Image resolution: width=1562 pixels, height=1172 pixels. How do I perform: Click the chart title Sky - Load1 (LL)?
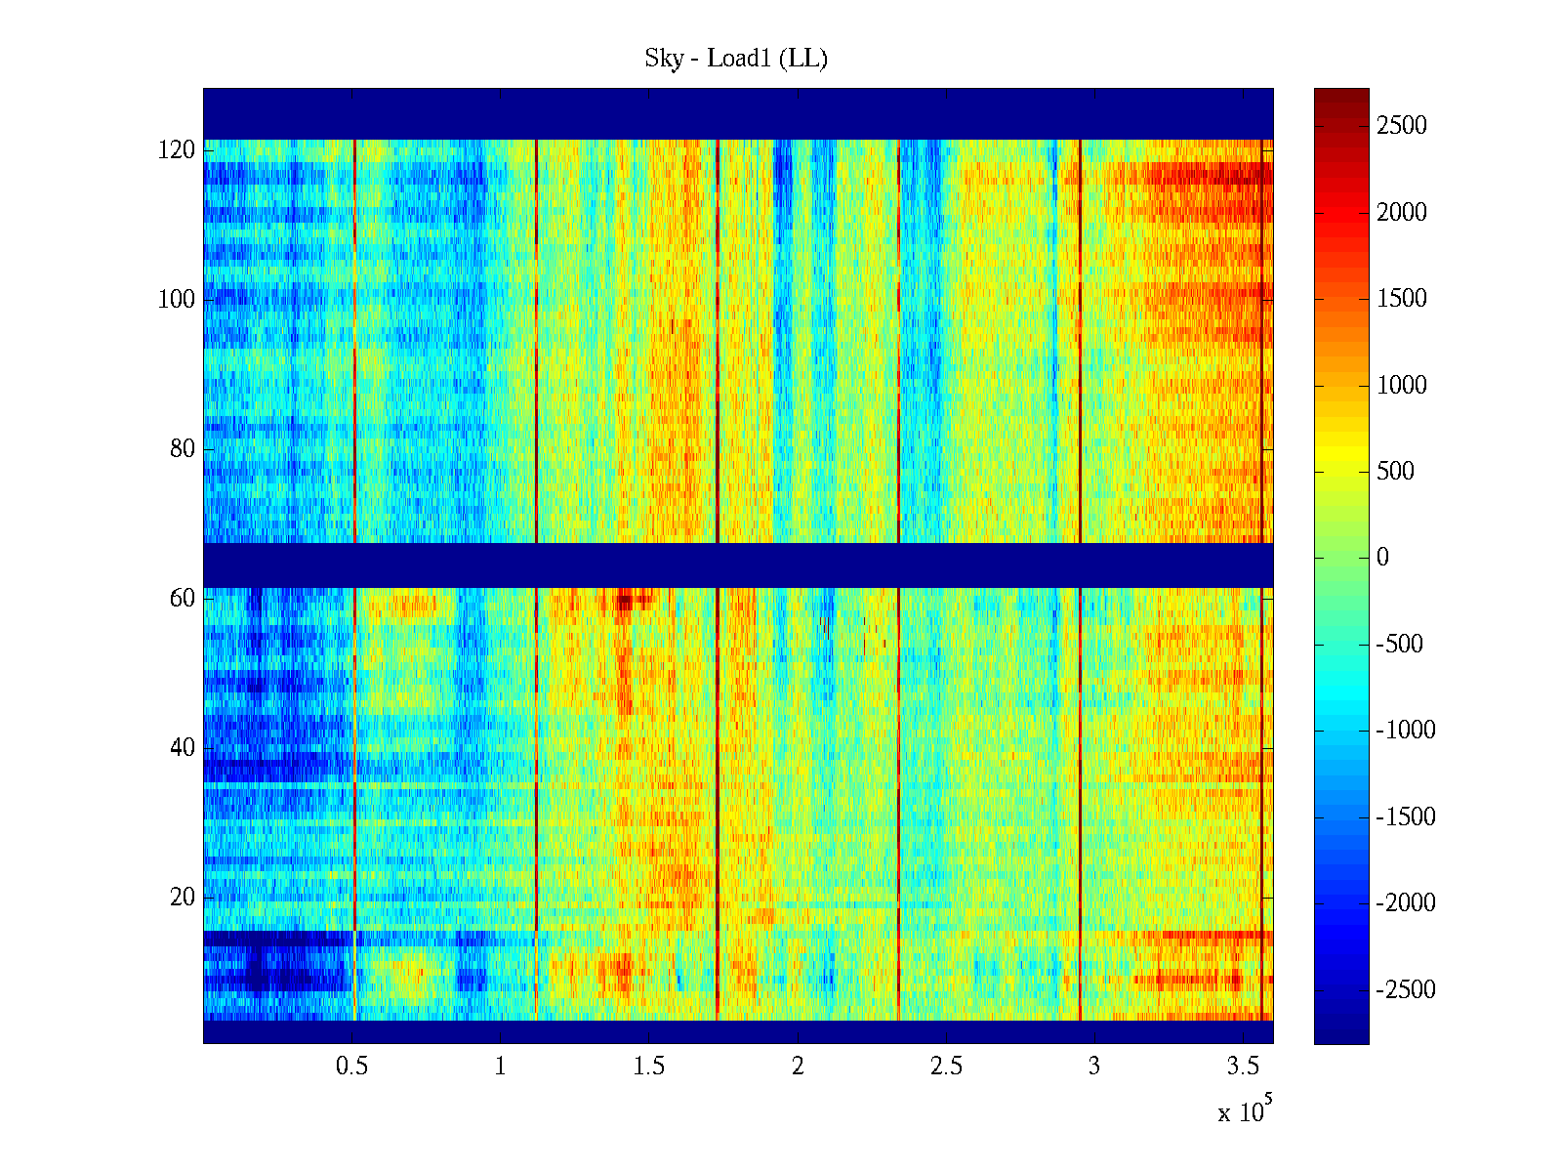pyautogui.click(x=736, y=59)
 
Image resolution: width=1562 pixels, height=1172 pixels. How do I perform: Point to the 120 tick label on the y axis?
pyautogui.click(x=177, y=150)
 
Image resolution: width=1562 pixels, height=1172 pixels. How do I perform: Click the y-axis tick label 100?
pyautogui.click(x=177, y=300)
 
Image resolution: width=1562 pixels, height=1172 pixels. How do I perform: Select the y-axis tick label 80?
pyautogui.click(x=183, y=449)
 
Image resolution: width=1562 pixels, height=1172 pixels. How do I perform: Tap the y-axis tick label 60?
pyautogui.click(x=183, y=599)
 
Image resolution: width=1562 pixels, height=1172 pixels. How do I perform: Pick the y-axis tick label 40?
pyautogui.click(x=183, y=748)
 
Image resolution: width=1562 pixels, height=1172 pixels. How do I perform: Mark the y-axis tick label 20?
pyautogui.click(x=183, y=898)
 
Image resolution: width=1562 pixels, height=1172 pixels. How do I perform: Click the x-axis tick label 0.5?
pyautogui.click(x=351, y=1067)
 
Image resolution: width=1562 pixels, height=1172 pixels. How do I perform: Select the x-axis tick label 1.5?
pyautogui.click(x=648, y=1067)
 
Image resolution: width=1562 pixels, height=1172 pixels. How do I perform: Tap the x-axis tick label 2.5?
pyautogui.click(x=945, y=1067)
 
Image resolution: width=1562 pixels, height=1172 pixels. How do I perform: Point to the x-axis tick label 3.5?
pyautogui.click(x=1242, y=1067)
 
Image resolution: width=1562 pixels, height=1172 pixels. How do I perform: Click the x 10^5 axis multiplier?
pyautogui.click(x=1244, y=1111)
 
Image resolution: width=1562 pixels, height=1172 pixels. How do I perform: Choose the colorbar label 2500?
pyautogui.click(x=1402, y=126)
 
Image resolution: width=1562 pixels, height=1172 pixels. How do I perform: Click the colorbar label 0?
pyautogui.click(x=1382, y=558)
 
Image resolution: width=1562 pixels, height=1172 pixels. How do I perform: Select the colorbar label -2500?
pyautogui.click(x=1406, y=990)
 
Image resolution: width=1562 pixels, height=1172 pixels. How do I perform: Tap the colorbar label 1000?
pyautogui.click(x=1402, y=385)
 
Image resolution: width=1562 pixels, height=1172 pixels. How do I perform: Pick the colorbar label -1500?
pyautogui.click(x=1406, y=817)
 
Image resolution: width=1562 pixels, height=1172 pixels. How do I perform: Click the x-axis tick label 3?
pyautogui.click(x=1094, y=1067)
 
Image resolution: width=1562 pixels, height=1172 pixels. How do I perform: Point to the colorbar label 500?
pyautogui.click(x=1396, y=472)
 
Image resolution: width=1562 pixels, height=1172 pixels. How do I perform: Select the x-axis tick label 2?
pyautogui.click(x=798, y=1067)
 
